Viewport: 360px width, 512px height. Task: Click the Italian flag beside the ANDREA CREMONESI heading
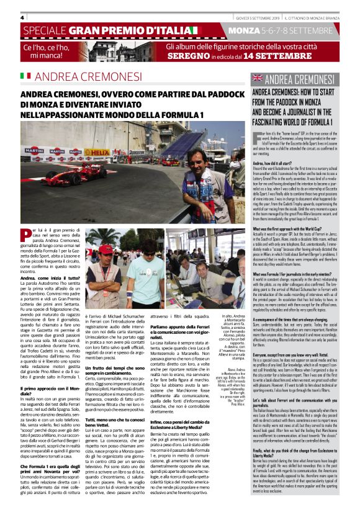(26, 76)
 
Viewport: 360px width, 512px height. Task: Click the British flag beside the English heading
(256, 79)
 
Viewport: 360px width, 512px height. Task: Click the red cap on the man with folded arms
(106, 249)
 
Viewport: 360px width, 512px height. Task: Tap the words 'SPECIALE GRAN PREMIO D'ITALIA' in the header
(112, 30)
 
